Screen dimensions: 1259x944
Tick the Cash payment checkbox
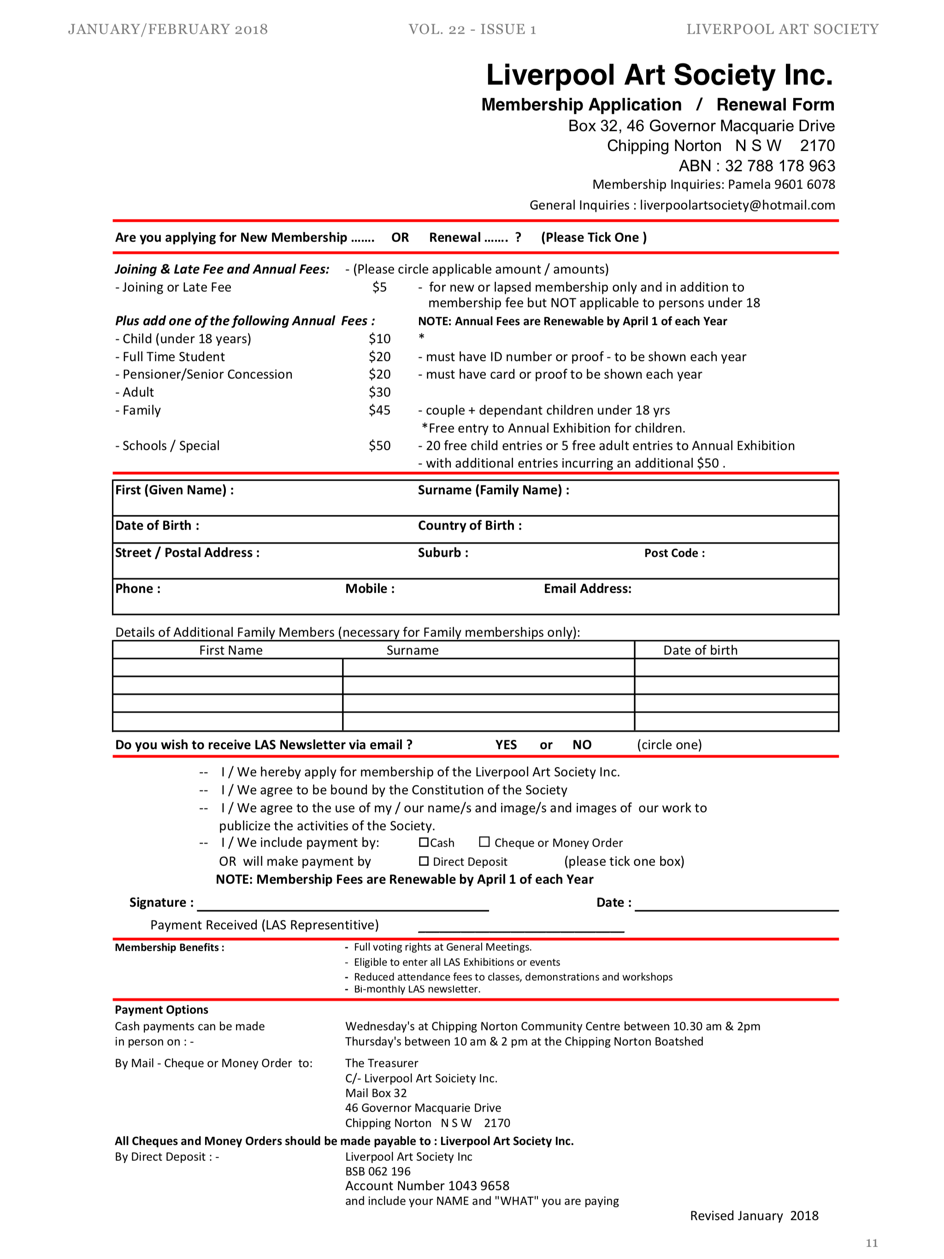(x=424, y=842)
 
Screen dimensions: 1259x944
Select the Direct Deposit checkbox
(x=424, y=860)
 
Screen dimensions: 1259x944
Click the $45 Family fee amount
(x=379, y=410)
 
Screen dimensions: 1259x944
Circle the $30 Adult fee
(x=379, y=392)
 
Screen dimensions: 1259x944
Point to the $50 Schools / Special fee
(x=379, y=446)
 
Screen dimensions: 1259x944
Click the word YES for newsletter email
(x=506, y=744)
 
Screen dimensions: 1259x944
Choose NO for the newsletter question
(x=582, y=744)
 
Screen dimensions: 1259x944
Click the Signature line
(x=343, y=905)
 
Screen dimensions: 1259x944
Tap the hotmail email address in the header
(x=737, y=205)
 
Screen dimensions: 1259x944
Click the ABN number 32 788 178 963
(x=779, y=165)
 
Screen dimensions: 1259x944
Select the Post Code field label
(x=674, y=553)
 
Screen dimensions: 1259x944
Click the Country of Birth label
(x=469, y=525)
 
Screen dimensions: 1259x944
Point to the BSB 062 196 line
(x=378, y=1171)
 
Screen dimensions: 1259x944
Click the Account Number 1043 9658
(x=427, y=1186)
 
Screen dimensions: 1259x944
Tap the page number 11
(x=872, y=1242)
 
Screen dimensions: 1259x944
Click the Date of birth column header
(x=700, y=650)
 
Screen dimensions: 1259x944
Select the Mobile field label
(x=370, y=588)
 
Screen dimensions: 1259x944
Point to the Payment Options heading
(x=162, y=1009)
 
